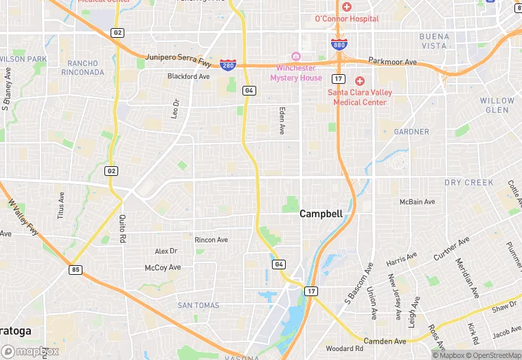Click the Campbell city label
(x=321, y=214)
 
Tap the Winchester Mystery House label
(x=296, y=72)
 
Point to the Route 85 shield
(x=75, y=270)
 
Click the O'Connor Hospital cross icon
(x=347, y=7)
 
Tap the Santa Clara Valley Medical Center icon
(x=360, y=81)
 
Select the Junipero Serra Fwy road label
(x=180, y=60)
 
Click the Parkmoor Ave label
(x=392, y=62)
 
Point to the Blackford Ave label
(x=188, y=76)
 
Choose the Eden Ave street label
(x=282, y=120)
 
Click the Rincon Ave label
(x=211, y=240)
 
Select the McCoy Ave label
(x=163, y=267)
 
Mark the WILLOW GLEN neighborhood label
(x=497, y=105)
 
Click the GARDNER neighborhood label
(x=411, y=131)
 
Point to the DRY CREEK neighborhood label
(x=469, y=183)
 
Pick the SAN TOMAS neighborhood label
(x=198, y=305)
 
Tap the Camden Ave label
(x=385, y=341)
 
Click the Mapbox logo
(x=31, y=351)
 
